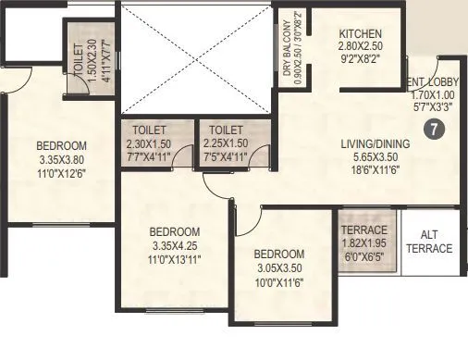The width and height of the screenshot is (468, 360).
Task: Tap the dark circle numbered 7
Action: pyautogui.click(x=431, y=130)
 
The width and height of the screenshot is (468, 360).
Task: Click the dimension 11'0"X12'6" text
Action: pyautogui.click(x=61, y=173)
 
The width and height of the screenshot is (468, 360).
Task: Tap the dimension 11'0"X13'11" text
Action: pyautogui.click(x=175, y=260)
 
